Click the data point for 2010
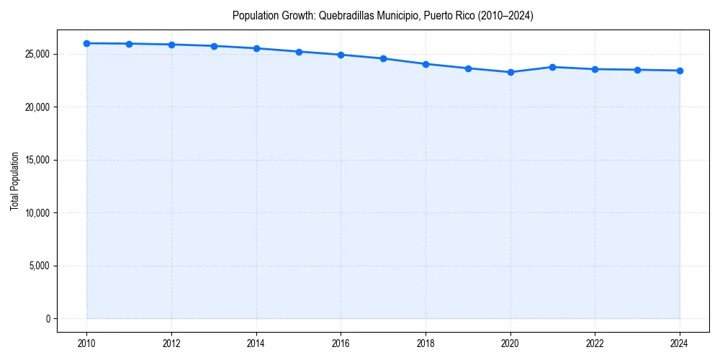pos(86,43)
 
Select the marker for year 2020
pos(510,72)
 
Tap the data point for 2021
pos(552,67)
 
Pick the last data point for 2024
pos(680,71)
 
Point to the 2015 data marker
pos(299,52)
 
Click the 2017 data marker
pos(383,58)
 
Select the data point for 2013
pos(214,46)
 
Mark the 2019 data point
pos(468,68)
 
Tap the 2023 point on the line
pos(637,70)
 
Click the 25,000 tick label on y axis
pos(36,54)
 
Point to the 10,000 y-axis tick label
pos(36,213)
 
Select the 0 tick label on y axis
pos(47,319)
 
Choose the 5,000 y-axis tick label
pos(38,266)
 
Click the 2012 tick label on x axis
pos(171,343)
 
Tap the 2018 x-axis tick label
pos(426,343)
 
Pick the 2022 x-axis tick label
pos(595,343)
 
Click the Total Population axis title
pos(14,181)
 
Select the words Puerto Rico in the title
pos(444,15)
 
